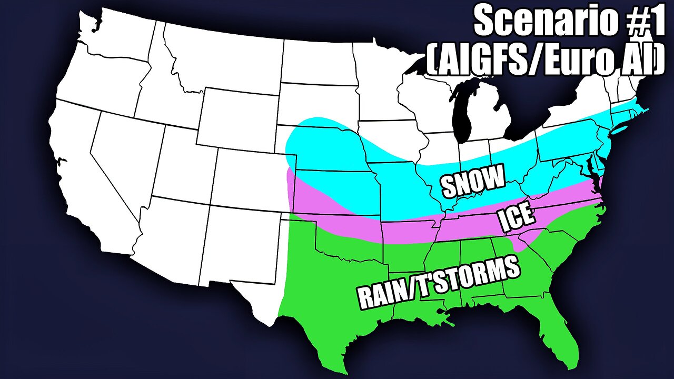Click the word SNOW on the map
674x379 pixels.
pyautogui.click(x=472, y=181)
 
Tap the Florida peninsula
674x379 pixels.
pyautogui.click(x=563, y=326)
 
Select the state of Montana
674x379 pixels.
pyautogui.click(x=221, y=58)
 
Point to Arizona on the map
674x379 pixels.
pyautogui.click(x=168, y=232)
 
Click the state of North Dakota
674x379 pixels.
pyautogui.click(x=316, y=61)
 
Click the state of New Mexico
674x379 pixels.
pyautogui.click(x=237, y=242)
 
